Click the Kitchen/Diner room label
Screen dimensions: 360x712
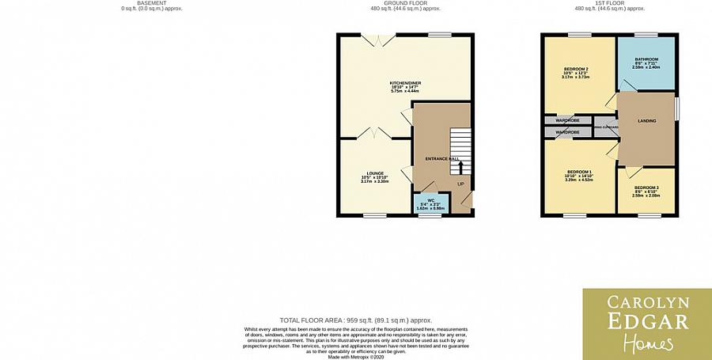pos(403,83)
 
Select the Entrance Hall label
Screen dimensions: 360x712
pos(442,159)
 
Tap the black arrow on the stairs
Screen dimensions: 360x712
pos(461,167)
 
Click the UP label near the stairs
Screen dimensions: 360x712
pos(460,184)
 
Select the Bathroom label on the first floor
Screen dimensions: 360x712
pos(646,59)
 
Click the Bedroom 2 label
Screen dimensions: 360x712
pos(576,70)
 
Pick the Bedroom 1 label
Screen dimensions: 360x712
pos(579,172)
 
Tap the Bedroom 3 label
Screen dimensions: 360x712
pos(646,188)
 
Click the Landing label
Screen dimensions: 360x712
pos(647,121)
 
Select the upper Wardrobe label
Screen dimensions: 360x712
pos(567,120)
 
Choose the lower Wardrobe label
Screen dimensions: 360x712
pos(567,132)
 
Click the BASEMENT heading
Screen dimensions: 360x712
pos(151,3)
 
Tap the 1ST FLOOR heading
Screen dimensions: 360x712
pos(609,3)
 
